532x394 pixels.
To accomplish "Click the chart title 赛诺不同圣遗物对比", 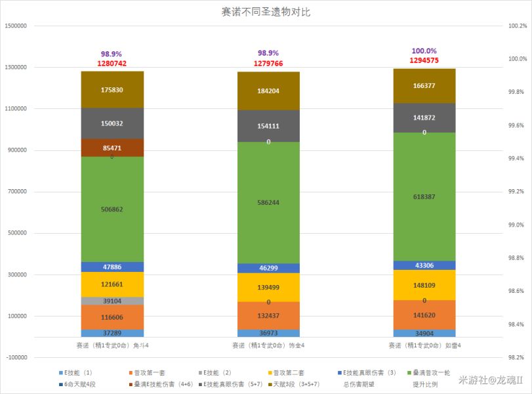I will click(x=266, y=12).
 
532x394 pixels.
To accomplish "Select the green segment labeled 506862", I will click(x=112, y=209).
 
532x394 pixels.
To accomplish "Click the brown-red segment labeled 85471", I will click(x=112, y=148).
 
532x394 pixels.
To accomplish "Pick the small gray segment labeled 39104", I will click(x=112, y=301).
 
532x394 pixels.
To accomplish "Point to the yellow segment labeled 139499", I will click(x=268, y=287).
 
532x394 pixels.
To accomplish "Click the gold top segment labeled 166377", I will click(x=424, y=85).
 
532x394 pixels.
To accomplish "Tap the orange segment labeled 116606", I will click(x=112, y=317).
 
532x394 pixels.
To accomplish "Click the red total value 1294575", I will click(x=424, y=60).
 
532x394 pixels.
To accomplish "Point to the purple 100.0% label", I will click(x=424, y=51).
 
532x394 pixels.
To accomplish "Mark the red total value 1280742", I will click(x=112, y=63).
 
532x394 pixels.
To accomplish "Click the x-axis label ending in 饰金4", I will click(x=268, y=345).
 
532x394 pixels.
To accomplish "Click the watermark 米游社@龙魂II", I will click(x=490, y=380).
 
